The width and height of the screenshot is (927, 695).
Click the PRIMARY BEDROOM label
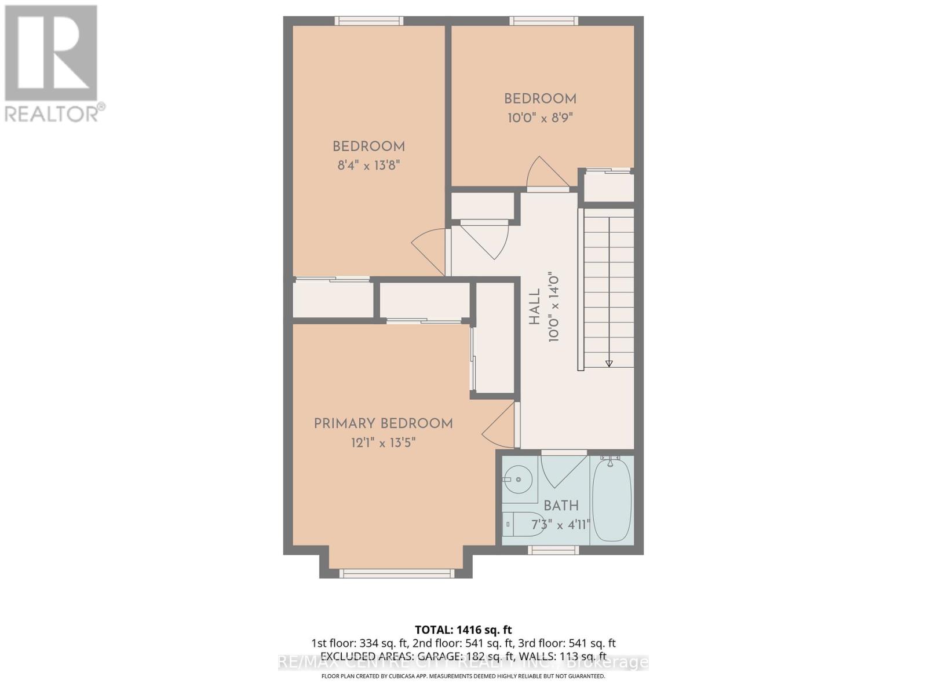(x=383, y=424)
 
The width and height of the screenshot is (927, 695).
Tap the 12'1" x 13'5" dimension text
(x=383, y=443)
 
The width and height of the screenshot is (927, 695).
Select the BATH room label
(x=561, y=506)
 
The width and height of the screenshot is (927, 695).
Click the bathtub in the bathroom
(x=611, y=499)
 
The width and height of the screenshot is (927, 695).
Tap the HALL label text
(x=534, y=307)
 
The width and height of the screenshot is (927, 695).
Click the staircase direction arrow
(x=609, y=363)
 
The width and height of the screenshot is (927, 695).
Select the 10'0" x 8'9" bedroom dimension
(x=540, y=118)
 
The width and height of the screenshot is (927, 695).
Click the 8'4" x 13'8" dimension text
(x=369, y=166)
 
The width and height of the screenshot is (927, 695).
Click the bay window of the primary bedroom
(x=396, y=573)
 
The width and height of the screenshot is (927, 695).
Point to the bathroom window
(x=553, y=550)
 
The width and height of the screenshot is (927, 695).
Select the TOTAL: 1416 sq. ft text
(x=463, y=630)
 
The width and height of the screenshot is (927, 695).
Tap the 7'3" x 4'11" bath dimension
(x=560, y=525)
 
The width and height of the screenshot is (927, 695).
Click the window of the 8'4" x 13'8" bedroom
(x=369, y=21)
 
